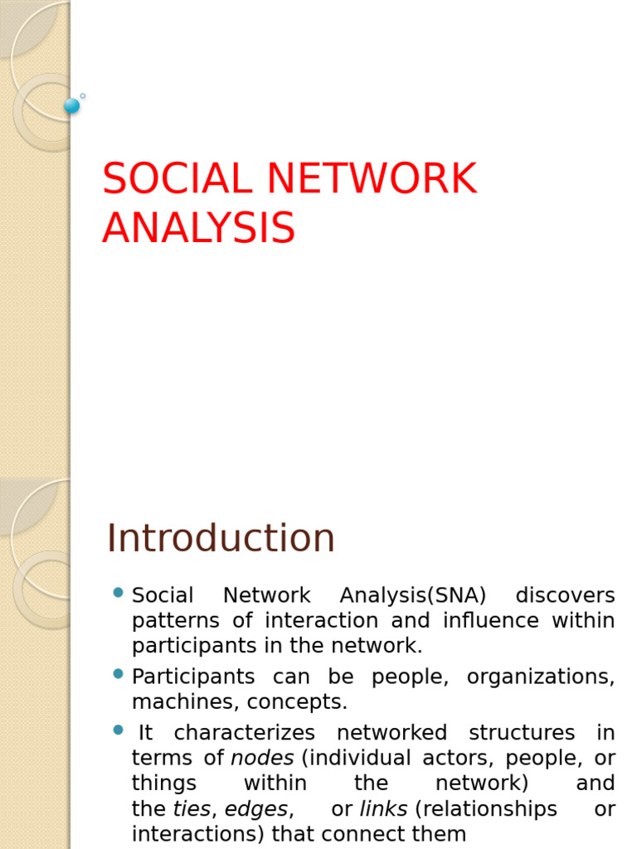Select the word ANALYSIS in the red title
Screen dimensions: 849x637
(x=198, y=228)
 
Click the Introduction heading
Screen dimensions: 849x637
(x=221, y=538)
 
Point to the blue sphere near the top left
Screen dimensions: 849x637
(x=72, y=105)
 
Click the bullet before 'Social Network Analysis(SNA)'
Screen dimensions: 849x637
(x=118, y=593)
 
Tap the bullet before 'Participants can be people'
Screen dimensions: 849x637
(x=118, y=674)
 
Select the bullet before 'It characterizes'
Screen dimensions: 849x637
(x=118, y=730)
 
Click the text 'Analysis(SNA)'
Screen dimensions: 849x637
(x=413, y=595)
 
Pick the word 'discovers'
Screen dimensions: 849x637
(x=565, y=595)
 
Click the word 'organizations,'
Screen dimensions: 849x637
(x=541, y=677)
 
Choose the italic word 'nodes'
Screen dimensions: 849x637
(x=262, y=758)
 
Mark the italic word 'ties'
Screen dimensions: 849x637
(x=192, y=808)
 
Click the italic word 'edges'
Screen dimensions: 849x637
(x=256, y=808)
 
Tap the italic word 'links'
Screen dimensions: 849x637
(x=382, y=808)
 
